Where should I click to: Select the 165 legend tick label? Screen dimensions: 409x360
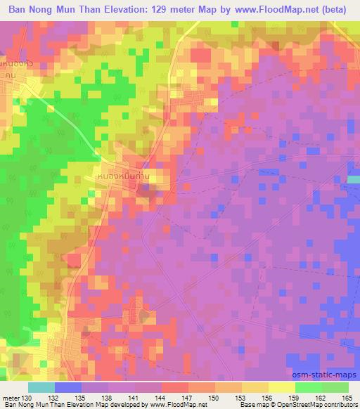(x=347, y=398)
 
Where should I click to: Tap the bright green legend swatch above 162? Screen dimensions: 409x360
(x=308, y=387)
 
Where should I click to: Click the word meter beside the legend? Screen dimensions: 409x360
(x=11, y=398)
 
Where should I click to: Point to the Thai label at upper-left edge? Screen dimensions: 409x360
(x=15, y=68)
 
